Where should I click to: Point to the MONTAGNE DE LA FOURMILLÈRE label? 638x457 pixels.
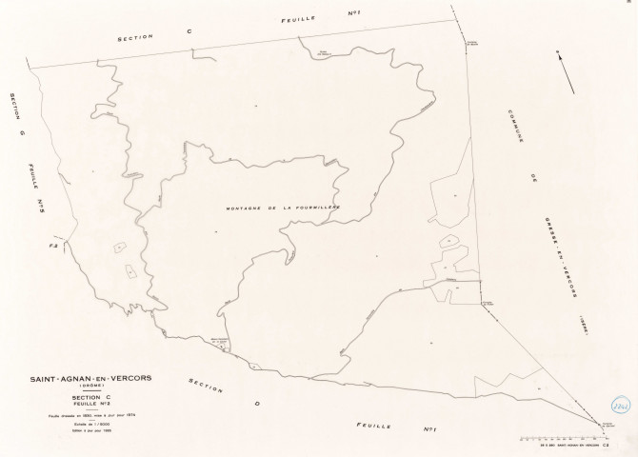coord(283,207)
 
